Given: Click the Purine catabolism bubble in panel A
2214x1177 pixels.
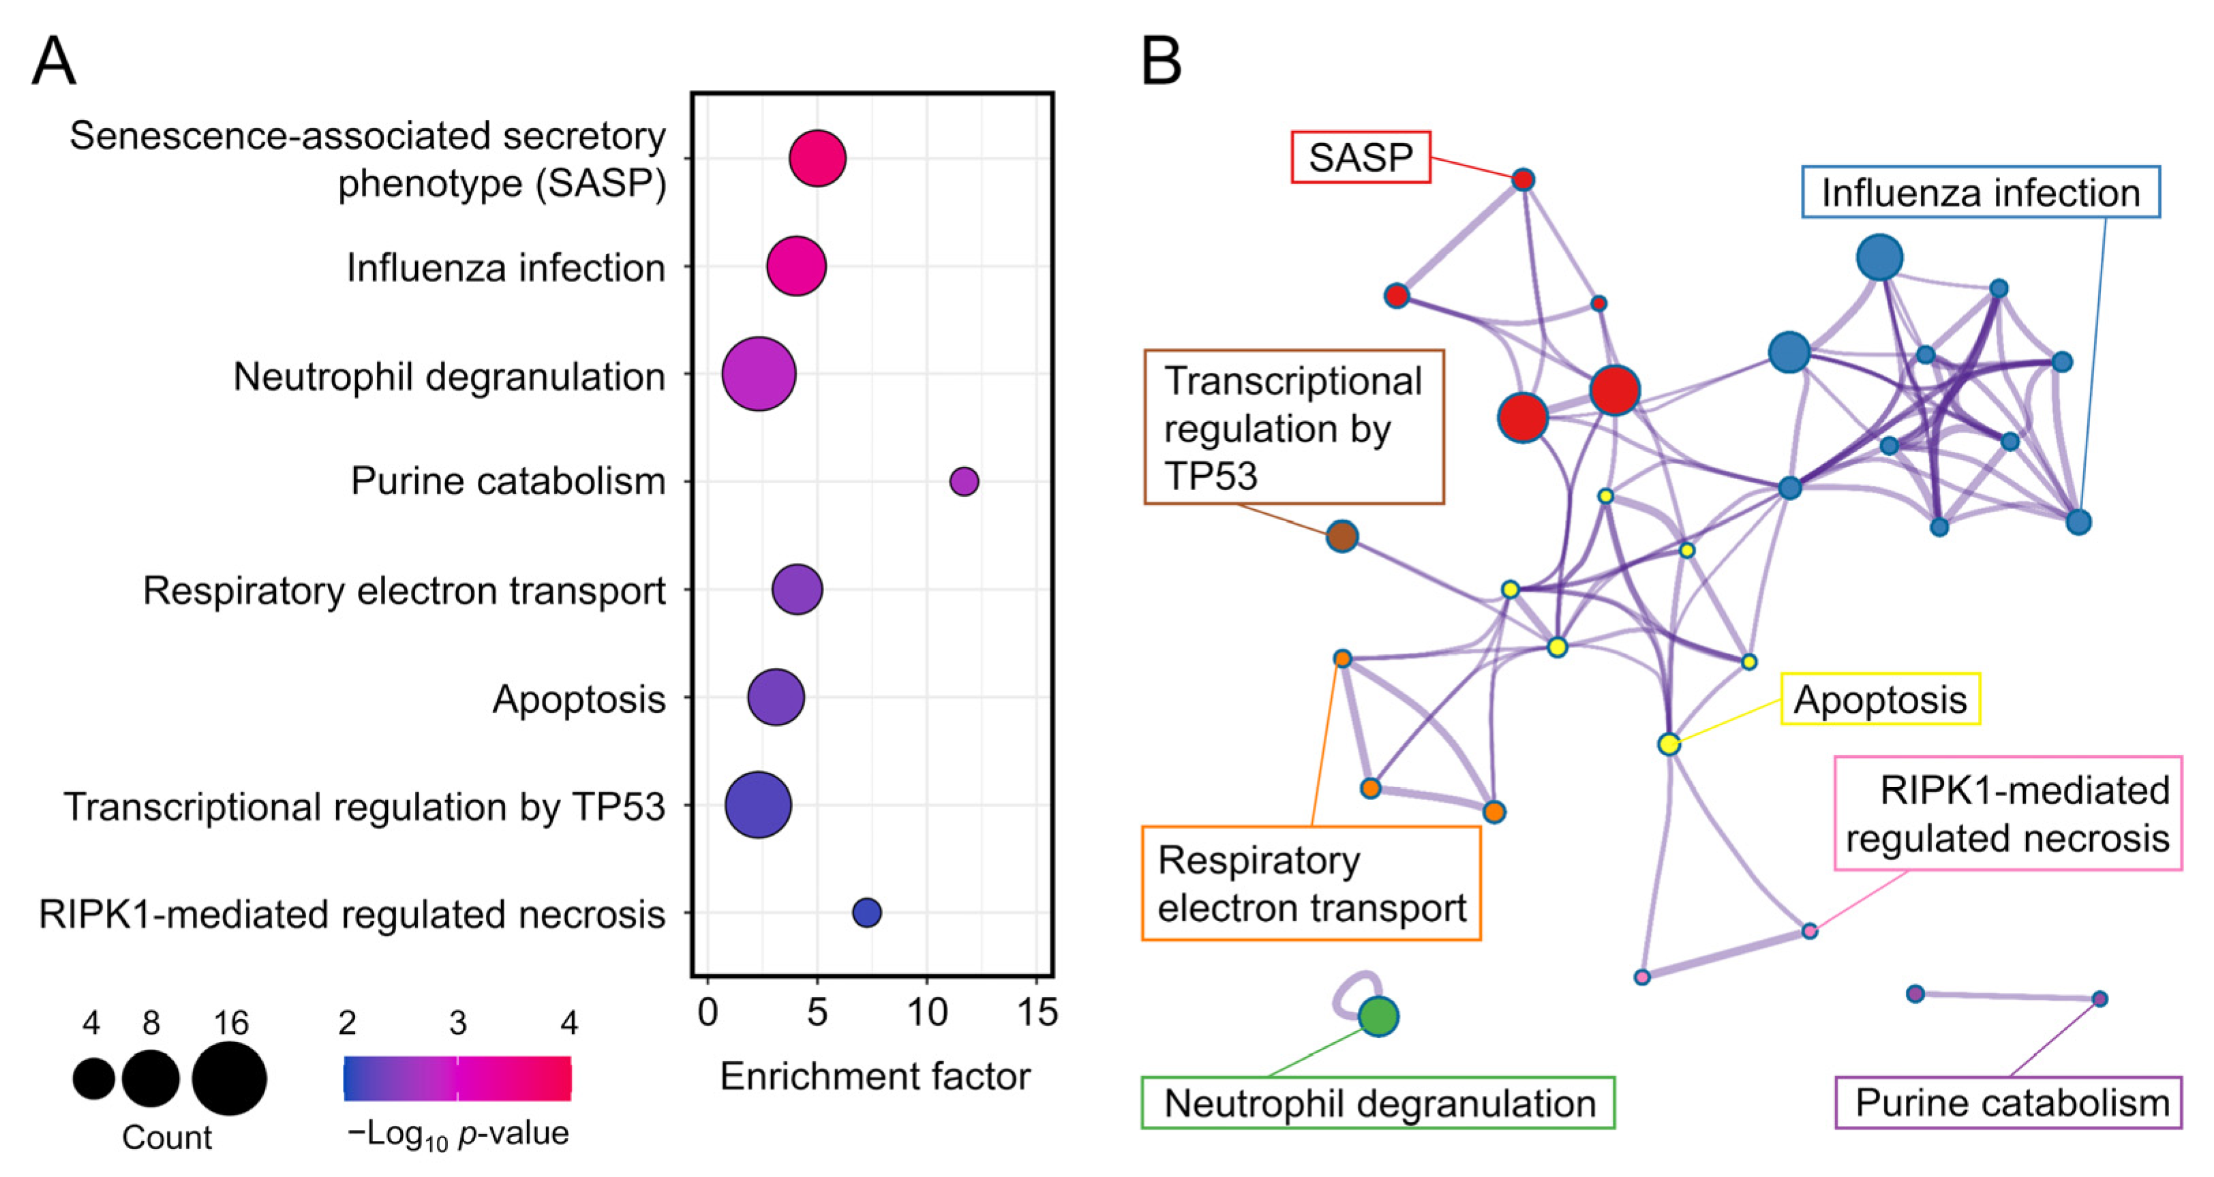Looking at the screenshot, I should [x=963, y=481].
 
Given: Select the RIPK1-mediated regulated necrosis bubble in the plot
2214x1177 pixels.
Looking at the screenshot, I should [x=866, y=913].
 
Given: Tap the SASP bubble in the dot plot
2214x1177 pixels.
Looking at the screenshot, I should [x=817, y=158].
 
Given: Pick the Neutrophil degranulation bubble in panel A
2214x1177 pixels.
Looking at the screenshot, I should [x=759, y=373].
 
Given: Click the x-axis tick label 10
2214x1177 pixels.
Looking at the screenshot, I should [x=926, y=1013].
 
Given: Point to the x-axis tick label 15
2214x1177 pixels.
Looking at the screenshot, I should [x=1037, y=1013].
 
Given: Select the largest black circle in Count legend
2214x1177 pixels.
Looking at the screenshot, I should [x=230, y=1078].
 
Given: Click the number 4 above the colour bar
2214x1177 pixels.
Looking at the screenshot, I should [x=568, y=1022].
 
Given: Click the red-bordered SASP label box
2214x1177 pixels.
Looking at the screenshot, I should [x=1361, y=157].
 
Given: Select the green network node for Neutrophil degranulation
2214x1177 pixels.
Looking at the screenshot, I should [x=1378, y=1016].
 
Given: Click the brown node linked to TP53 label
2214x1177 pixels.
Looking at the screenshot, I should [x=1341, y=536].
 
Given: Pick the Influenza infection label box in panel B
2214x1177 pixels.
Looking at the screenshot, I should [x=1980, y=192].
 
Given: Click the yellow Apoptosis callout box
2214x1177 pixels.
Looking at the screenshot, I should [x=1880, y=699].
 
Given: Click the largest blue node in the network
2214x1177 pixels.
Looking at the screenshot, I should [x=1880, y=257].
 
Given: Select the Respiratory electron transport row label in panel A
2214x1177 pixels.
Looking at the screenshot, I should [x=404, y=590].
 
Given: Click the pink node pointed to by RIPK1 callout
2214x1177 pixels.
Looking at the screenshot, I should [x=1810, y=931].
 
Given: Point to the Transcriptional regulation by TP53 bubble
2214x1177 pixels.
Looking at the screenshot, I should [x=758, y=805].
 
